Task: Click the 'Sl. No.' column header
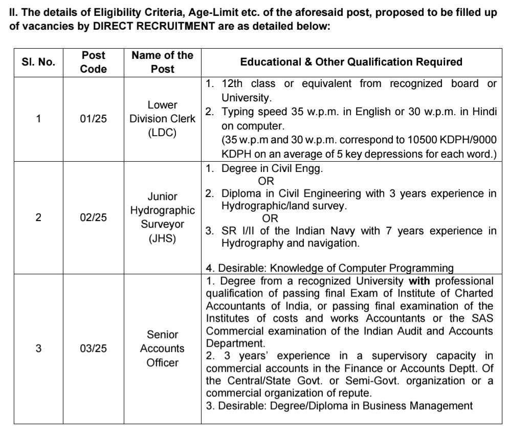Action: coord(38,62)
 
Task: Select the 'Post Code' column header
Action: coord(94,62)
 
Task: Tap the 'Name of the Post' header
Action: coord(162,62)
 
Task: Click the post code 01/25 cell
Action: coord(94,119)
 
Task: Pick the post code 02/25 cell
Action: coord(94,217)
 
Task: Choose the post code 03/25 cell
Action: coord(94,349)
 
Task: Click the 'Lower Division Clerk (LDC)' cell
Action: coord(162,119)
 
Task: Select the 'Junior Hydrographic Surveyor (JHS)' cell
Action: coord(162,217)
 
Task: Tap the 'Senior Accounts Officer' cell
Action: coord(162,349)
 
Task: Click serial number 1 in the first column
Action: coord(38,119)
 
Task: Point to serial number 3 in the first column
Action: coord(38,349)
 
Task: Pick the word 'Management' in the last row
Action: coord(441,406)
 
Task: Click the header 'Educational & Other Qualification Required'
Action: coord(351,62)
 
